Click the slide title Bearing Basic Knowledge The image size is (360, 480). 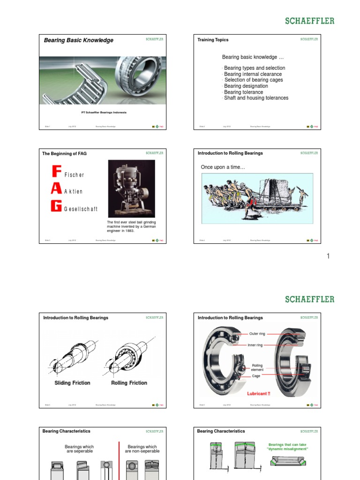point(78,40)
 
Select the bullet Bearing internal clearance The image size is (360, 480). point(253,74)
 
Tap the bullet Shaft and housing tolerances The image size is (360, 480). point(256,98)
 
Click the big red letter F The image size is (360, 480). point(56,171)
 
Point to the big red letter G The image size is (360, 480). point(56,206)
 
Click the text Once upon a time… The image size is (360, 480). point(223,167)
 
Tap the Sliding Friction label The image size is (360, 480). point(73,383)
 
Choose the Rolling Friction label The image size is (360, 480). point(129,383)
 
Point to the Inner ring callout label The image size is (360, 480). point(255,345)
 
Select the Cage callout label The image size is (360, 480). point(256,376)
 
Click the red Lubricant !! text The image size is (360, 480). point(259,394)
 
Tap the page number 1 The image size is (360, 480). point(328,256)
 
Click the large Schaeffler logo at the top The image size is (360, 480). point(310,21)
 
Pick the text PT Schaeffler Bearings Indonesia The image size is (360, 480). point(104,112)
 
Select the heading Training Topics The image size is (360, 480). point(213,40)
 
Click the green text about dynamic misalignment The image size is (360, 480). point(288,447)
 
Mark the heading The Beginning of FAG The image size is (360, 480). point(64,153)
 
